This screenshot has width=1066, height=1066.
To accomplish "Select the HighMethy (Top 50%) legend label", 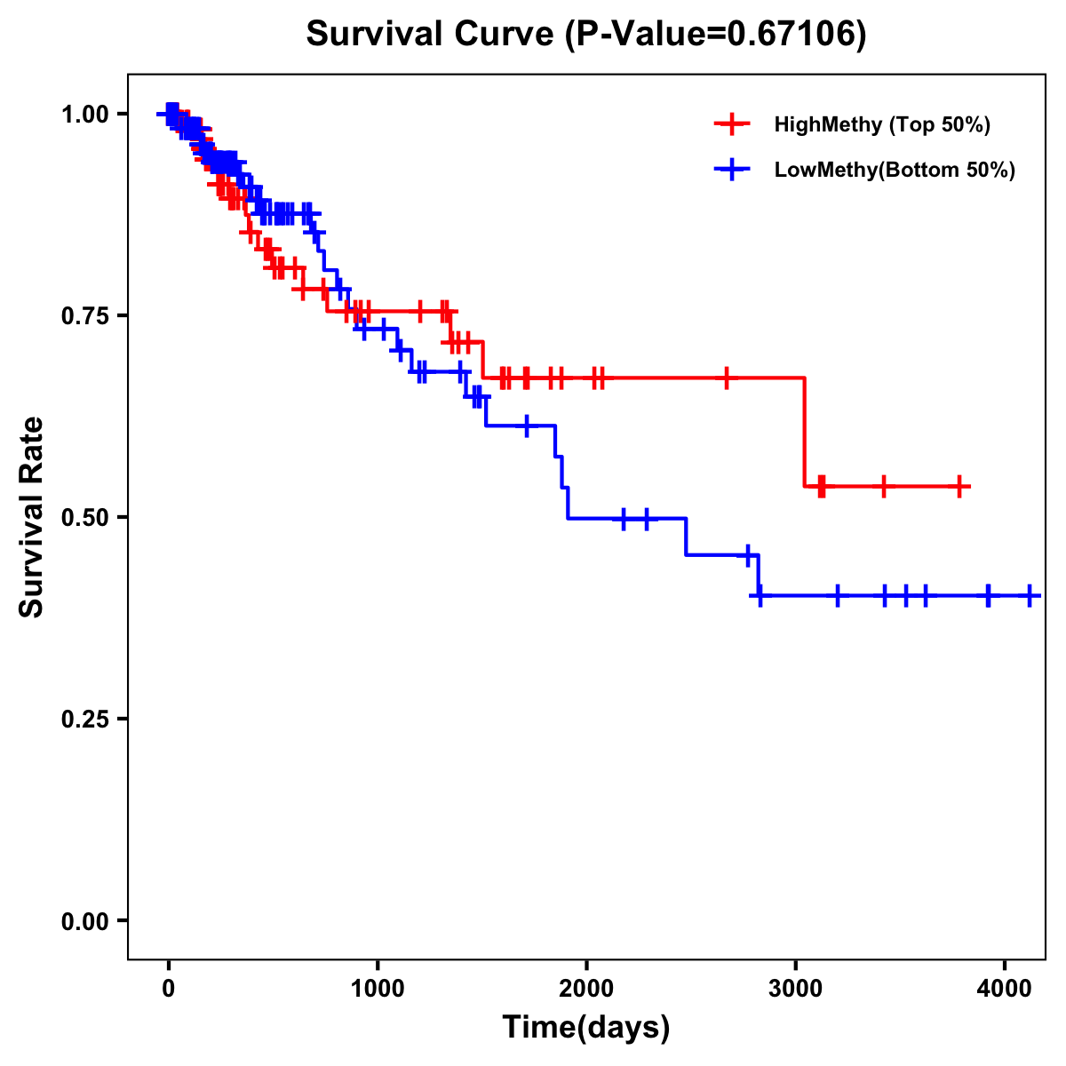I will pyautogui.click(x=881, y=124).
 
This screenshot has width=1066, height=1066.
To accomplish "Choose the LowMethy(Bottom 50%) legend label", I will pyautogui.click(x=895, y=171).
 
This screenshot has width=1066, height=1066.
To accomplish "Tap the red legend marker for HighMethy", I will pyautogui.click(x=732, y=124).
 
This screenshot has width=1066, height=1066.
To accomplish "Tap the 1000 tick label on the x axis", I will pyautogui.click(x=378, y=986).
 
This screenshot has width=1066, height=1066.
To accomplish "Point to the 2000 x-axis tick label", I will pyautogui.click(x=586, y=986).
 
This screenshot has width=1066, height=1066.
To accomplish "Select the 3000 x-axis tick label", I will pyautogui.click(x=795, y=986).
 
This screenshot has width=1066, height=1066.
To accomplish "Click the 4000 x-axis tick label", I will pyautogui.click(x=1004, y=986).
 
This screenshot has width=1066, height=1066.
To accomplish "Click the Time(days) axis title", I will pyautogui.click(x=586, y=1028).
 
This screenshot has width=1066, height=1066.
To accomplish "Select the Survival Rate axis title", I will pyautogui.click(x=32, y=517).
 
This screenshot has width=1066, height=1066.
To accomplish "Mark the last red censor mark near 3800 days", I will pyautogui.click(x=960, y=486).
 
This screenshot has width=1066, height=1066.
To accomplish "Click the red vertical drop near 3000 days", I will pyautogui.click(x=804, y=433).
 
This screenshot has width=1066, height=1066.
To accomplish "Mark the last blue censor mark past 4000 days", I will pyautogui.click(x=1029, y=595).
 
